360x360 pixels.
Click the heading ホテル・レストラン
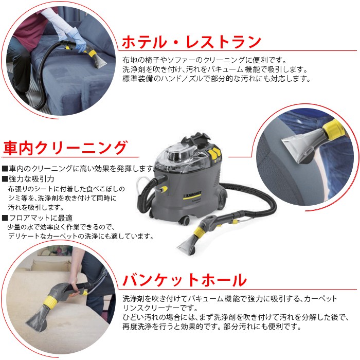click(191, 42)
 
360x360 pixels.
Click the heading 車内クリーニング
click(65, 148)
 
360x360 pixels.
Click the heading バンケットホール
click(185, 280)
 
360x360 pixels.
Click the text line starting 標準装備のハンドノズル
click(217, 79)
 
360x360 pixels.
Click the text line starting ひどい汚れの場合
click(236, 317)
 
